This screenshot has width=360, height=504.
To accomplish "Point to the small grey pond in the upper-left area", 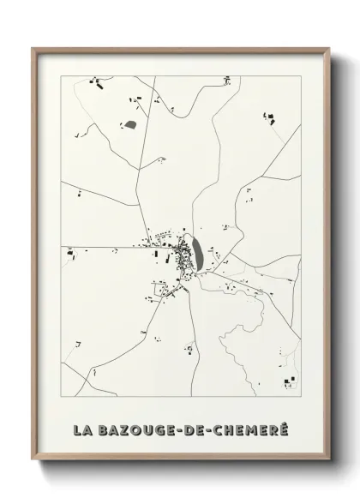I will [130, 125].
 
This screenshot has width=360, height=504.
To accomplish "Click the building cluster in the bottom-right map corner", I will [289, 381].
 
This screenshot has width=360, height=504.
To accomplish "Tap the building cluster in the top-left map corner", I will [95, 84].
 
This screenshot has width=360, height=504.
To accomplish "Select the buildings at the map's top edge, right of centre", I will [227, 81].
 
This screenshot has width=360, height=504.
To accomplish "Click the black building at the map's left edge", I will [70, 252].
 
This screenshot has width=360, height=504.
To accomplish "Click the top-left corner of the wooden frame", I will [33, 49].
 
